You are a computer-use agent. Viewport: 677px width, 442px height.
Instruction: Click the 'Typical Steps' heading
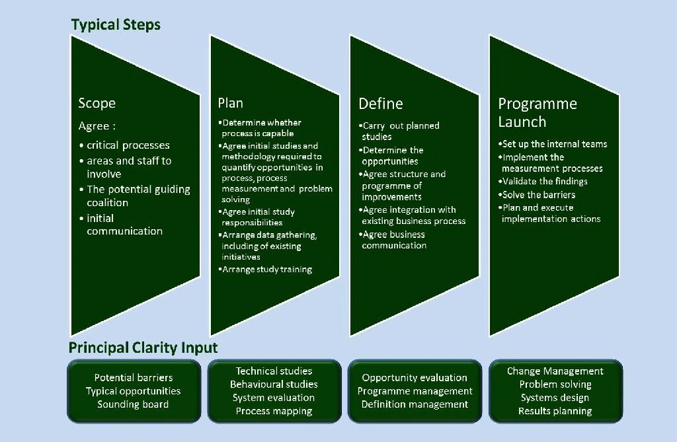(x=116, y=25)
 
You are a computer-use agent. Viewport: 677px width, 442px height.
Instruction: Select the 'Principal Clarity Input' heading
(x=143, y=348)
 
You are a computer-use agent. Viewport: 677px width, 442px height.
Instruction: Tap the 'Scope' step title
(x=97, y=103)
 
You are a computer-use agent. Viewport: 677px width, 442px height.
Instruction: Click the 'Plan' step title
(x=231, y=103)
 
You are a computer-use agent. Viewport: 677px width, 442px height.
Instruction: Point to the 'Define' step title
(x=380, y=104)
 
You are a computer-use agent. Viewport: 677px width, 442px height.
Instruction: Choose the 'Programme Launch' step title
(x=538, y=113)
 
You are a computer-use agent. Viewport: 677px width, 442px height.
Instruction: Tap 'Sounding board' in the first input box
(x=133, y=404)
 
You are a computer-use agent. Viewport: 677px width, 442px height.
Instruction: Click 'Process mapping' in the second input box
(x=274, y=412)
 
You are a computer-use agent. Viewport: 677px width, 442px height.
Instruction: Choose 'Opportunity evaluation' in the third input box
(x=415, y=378)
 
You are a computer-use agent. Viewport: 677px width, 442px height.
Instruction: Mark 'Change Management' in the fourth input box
(x=555, y=371)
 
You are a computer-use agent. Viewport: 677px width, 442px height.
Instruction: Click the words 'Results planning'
(x=555, y=411)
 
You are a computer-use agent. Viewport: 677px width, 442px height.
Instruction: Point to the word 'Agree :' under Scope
(x=97, y=126)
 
